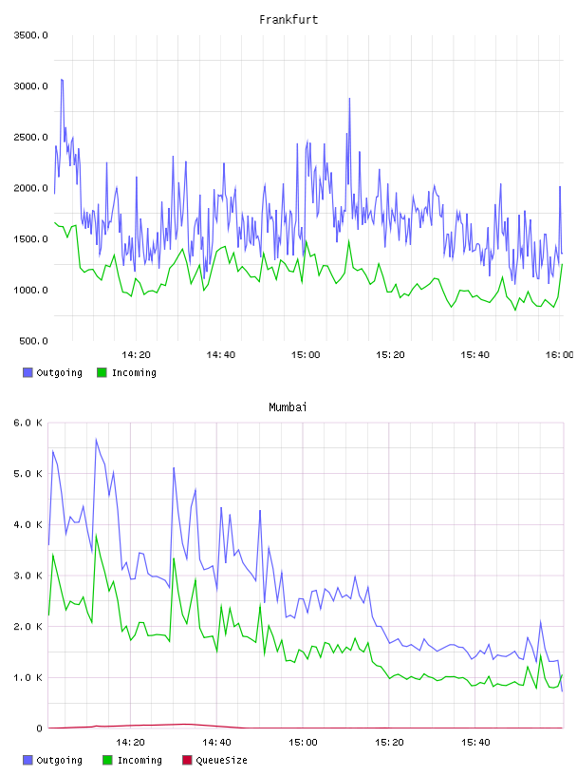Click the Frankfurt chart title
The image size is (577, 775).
(x=288, y=20)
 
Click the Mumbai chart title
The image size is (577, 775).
(x=288, y=407)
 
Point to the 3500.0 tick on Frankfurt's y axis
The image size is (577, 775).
(x=30, y=35)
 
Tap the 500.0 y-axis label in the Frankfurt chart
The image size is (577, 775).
(x=33, y=341)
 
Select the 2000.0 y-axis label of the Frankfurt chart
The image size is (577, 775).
(x=30, y=188)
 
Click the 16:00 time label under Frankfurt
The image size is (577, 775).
(x=559, y=355)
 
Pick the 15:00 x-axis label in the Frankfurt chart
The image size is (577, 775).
(x=306, y=355)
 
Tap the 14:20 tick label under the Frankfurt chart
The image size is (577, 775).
(x=136, y=355)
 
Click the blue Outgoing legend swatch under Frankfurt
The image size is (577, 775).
(x=28, y=372)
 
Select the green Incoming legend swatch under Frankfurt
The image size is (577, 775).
(x=102, y=372)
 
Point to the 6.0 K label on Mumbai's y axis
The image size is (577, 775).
(x=28, y=423)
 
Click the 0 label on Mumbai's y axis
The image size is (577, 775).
(x=39, y=728)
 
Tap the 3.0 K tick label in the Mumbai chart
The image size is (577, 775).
(x=28, y=576)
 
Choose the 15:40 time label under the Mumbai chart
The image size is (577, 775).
(x=475, y=743)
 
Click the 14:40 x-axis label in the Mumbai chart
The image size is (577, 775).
(x=216, y=743)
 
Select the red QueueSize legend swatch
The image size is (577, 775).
(x=187, y=760)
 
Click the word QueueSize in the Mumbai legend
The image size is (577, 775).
(x=221, y=760)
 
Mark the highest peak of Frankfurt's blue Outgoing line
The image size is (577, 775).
(x=62, y=79)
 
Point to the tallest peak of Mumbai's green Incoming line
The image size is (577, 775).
(x=96, y=535)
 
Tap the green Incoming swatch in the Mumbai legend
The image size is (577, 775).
(x=107, y=760)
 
